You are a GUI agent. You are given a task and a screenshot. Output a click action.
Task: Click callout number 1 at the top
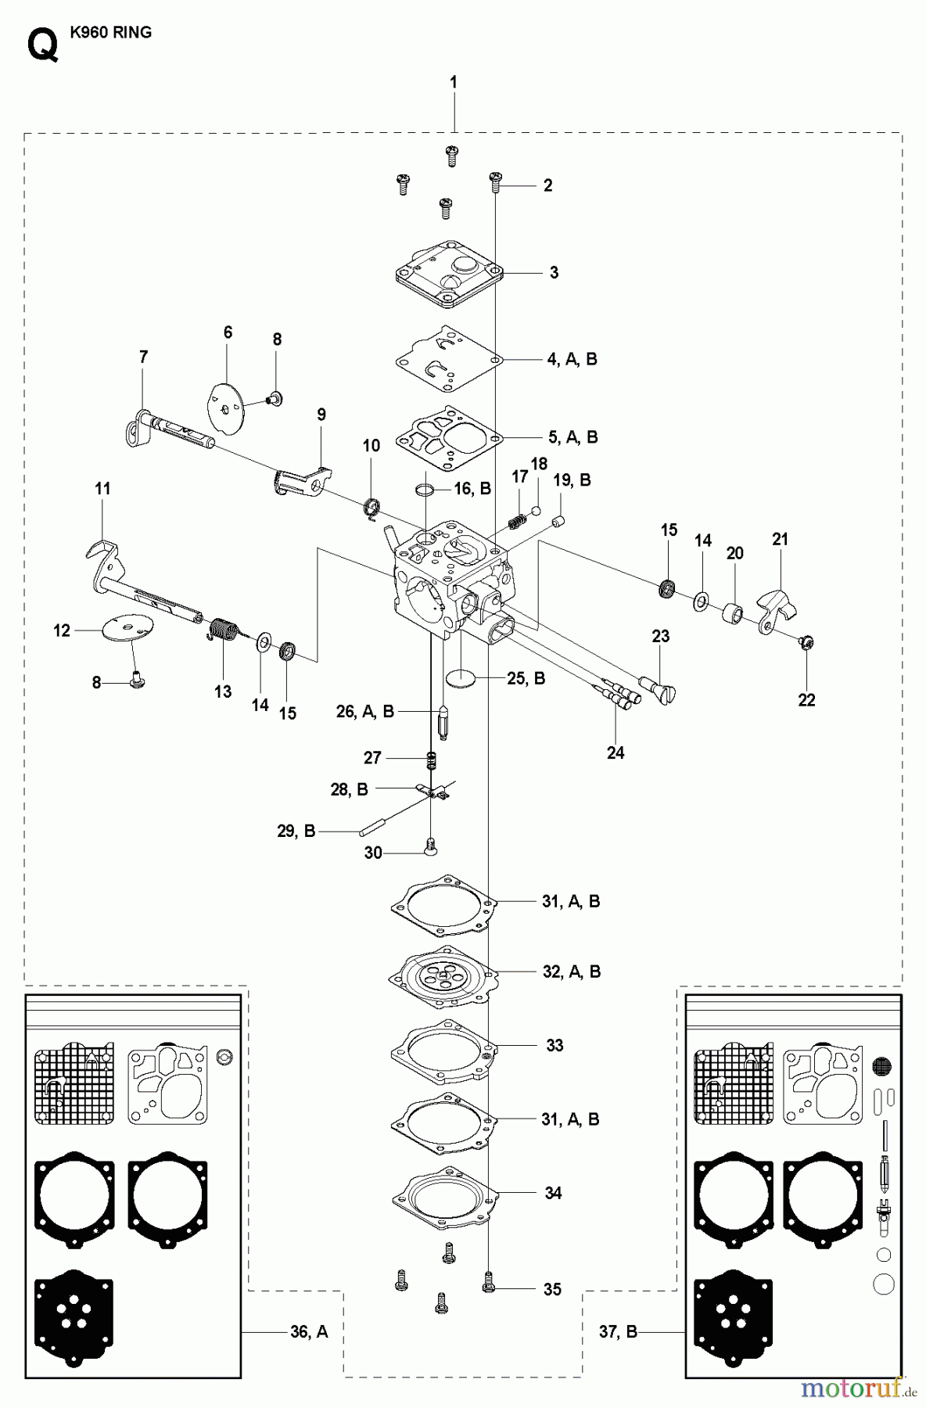(454, 82)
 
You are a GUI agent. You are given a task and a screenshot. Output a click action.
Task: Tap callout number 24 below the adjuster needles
(616, 752)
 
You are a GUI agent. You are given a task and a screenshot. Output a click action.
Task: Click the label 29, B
(296, 832)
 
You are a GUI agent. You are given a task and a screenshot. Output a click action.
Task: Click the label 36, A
(309, 1331)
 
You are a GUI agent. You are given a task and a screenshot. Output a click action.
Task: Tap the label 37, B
(619, 1331)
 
